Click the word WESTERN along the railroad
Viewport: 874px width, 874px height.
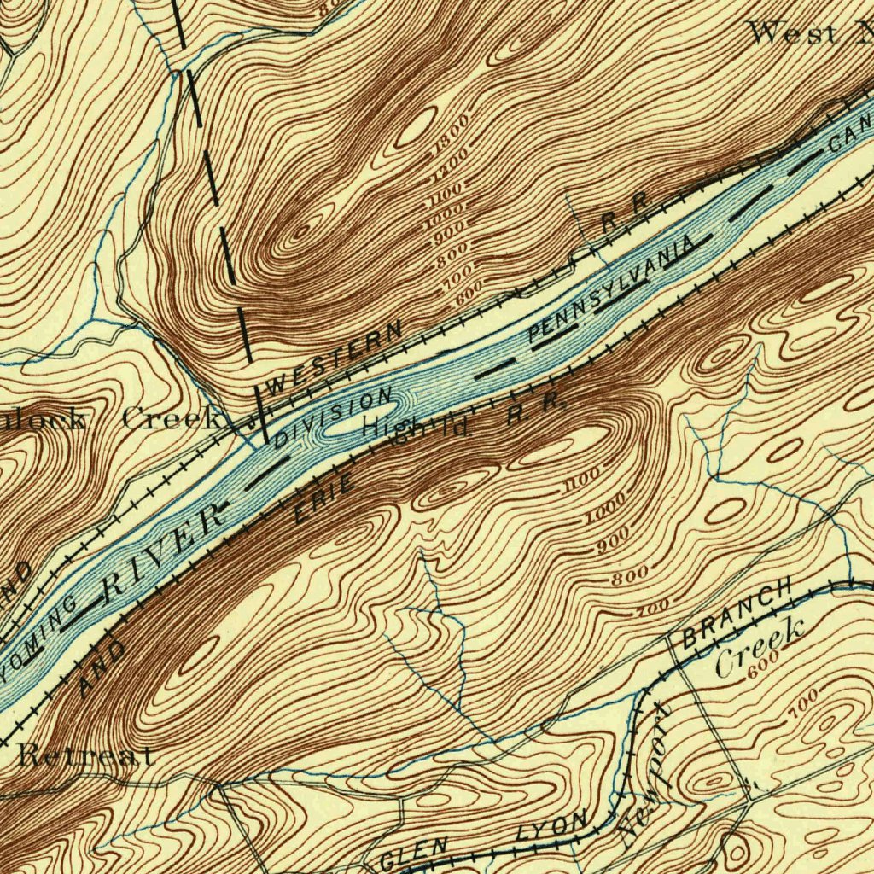click(334, 357)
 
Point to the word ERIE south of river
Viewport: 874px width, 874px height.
click(324, 500)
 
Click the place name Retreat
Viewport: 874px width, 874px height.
click(85, 755)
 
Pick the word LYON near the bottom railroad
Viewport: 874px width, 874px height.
click(552, 828)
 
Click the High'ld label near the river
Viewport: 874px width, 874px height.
click(417, 425)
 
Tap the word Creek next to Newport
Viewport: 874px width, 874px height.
click(760, 649)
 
